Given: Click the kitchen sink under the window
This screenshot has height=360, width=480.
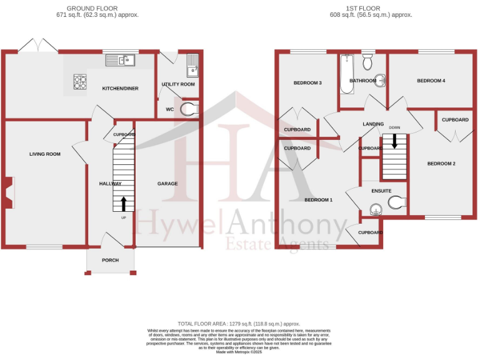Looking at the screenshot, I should (x=121, y=60).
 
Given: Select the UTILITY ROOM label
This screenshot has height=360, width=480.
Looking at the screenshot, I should (x=178, y=84).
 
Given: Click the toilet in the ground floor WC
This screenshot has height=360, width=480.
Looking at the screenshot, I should (x=187, y=109).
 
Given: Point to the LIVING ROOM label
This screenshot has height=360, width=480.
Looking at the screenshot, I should (x=45, y=154).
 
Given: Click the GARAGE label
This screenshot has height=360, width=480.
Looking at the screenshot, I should (x=167, y=184).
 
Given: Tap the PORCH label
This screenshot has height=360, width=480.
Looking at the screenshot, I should (x=111, y=260).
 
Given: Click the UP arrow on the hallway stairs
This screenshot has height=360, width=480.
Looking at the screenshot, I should (x=122, y=204).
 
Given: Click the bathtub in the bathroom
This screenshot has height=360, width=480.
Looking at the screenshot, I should (x=347, y=73).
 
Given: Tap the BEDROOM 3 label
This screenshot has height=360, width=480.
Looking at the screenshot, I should (x=307, y=83).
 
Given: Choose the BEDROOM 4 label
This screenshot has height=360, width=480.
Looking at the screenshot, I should (x=431, y=81).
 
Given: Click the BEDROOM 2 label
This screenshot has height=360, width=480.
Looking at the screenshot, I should (x=441, y=164).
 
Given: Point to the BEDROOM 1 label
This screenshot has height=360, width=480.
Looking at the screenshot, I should (x=318, y=200).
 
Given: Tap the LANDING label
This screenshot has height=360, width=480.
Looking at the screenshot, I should (x=373, y=124).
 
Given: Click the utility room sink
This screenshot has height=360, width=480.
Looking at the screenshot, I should (x=192, y=62).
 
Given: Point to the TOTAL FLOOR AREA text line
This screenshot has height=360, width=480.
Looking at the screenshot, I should (x=239, y=324).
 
